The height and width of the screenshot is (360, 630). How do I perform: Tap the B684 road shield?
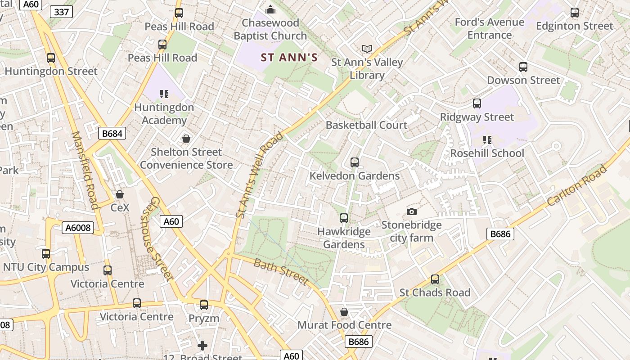coord(112,133)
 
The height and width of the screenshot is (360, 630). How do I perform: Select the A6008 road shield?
coord(78,228)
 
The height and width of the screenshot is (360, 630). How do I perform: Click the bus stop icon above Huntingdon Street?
coord(51,58)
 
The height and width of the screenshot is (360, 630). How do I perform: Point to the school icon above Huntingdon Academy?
coord(164,94)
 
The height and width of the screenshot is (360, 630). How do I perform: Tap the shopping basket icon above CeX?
coord(120,194)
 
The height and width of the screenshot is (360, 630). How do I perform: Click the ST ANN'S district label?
coord(289,58)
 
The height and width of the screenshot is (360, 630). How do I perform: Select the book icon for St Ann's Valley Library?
coord(367,49)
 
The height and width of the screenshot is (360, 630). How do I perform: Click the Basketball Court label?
coord(366,125)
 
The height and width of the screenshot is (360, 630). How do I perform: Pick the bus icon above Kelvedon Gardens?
coord(355,162)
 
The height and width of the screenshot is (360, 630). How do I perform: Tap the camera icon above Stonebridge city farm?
coord(411,211)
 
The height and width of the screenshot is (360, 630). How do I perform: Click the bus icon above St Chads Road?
coord(435,279)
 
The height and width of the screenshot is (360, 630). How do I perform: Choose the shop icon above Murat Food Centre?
coord(344,312)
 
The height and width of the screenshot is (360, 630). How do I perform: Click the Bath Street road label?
coord(281,272)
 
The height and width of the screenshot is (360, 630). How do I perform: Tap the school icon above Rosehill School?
coord(487,140)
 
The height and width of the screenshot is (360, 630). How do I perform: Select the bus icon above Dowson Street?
coord(523,67)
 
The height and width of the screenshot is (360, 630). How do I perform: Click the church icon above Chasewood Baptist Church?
coord(270,9)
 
